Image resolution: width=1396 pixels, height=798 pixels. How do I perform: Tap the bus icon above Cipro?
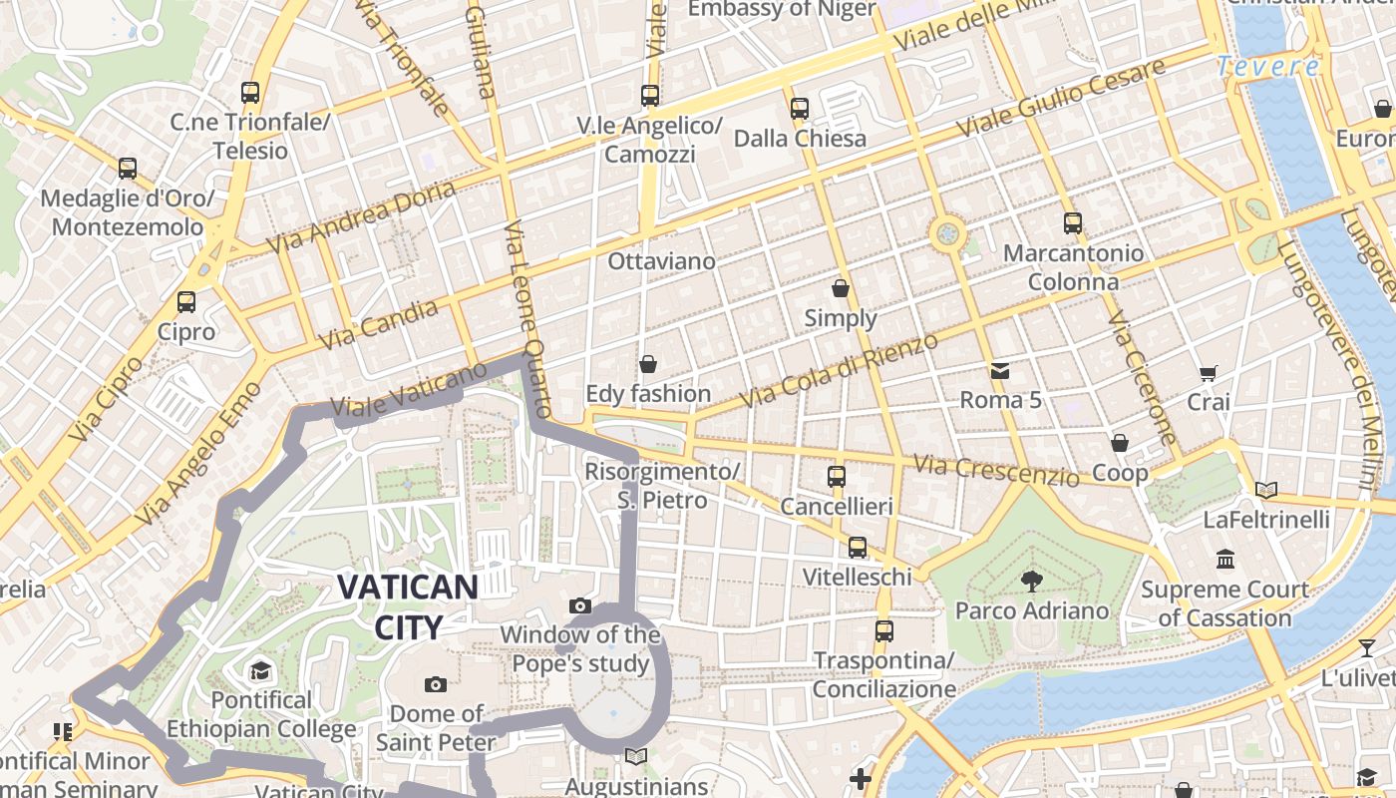[x=186, y=301]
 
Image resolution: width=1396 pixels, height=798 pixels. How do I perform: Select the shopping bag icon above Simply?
[x=841, y=288]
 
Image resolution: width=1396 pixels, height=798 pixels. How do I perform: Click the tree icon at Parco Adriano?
[x=1031, y=580]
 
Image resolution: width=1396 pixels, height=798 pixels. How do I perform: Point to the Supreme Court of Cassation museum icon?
[x=1224, y=560]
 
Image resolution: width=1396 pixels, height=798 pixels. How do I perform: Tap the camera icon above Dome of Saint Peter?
[x=435, y=684]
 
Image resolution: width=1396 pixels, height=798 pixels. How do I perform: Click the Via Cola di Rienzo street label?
[x=840, y=370]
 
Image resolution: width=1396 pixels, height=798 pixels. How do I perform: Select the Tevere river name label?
[x=1268, y=67]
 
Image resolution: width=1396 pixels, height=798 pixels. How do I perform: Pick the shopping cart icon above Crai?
[x=1209, y=373]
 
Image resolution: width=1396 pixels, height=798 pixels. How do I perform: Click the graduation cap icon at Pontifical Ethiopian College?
[x=260, y=669]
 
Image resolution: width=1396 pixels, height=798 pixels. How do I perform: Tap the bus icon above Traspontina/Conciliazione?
[x=883, y=630]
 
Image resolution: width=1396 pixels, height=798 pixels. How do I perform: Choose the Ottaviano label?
[x=661, y=261]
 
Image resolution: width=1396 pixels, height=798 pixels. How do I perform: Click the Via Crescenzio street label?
[x=996, y=470]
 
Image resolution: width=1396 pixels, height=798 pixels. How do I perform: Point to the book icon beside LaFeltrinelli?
[x=1265, y=490]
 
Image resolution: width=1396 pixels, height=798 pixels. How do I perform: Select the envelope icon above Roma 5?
[x=1000, y=371]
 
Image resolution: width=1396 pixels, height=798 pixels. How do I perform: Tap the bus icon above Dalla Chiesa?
[x=800, y=108]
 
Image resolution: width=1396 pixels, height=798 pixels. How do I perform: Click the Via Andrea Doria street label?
[x=361, y=216]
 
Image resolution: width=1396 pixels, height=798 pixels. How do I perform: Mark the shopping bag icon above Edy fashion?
[x=648, y=364]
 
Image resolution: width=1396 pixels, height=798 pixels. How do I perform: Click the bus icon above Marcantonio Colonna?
[x=1073, y=223]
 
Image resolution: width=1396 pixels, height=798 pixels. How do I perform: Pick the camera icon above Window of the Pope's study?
[x=579, y=605]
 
